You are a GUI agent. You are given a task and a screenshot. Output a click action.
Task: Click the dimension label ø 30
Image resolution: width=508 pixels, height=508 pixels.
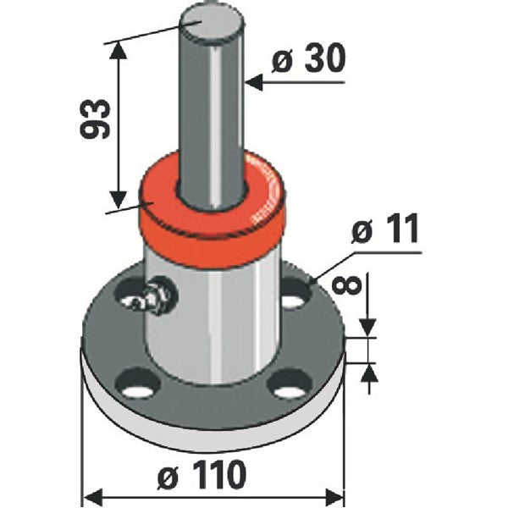point(309,58)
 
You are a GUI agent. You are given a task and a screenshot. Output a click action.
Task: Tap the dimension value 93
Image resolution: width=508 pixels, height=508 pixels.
point(95,119)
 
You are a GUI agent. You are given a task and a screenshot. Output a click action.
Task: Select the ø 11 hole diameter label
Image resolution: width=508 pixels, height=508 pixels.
point(385,229)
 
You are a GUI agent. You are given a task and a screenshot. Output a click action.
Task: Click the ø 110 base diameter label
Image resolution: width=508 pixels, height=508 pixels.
point(202,475)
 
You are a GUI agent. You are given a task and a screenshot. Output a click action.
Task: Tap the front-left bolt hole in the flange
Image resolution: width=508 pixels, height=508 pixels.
point(138,383)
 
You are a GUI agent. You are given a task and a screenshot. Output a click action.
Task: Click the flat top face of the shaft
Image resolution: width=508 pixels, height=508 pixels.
point(211,23)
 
